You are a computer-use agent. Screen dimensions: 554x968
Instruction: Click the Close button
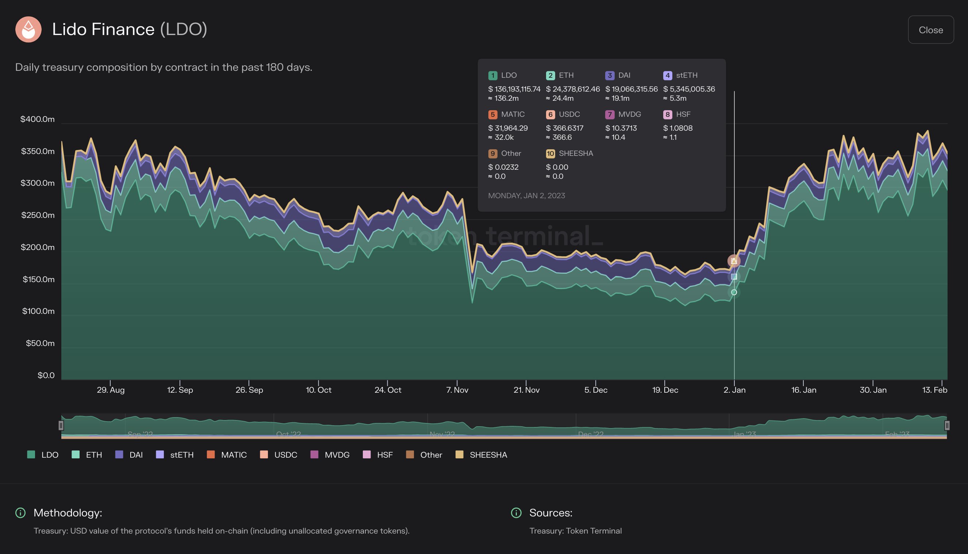pyautogui.click(x=930, y=30)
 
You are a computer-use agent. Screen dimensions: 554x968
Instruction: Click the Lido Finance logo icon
pyautogui.click(x=28, y=29)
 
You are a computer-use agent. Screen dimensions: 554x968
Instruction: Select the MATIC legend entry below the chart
pyautogui.click(x=227, y=455)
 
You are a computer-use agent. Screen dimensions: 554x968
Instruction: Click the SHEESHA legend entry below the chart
pyautogui.click(x=481, y=455)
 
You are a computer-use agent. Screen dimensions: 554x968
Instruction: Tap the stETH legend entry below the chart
pyautogui.click(x=175, y=455)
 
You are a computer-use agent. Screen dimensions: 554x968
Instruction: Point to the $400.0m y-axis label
pyautogui.click(x=37, y=119)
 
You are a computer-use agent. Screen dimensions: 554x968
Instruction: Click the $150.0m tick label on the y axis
pyautogui.click(x=38, y=279)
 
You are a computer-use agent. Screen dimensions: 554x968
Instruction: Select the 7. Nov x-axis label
pyautogui.click(x=457, y=390)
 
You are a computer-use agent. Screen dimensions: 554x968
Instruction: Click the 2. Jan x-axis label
pyautogui.click(x=734, y=390)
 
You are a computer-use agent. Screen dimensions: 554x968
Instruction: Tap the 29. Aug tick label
pyautogui.click(x=110, y=390)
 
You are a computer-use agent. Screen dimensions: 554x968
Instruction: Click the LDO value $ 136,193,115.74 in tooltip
pyautogui.click(x=514, y=89)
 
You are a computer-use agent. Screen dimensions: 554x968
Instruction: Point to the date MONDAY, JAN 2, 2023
pyautogui.click(x=526, y=196)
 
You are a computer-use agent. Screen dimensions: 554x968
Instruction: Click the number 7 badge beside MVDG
pyautogui.click(x=610, y=115)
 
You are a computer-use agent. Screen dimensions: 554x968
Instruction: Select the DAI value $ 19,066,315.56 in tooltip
pyautogui.click(x=631, y=89)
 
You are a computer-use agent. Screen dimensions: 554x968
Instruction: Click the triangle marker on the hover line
pyautogui.click(x=734, y=261)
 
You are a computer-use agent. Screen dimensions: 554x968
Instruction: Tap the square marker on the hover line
pyautogui.click(x=734, y=277)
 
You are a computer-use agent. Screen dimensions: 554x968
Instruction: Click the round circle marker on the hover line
pyautogui.click(x=734, y=292)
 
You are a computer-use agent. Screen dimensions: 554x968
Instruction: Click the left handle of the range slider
pyautogui.click(x=61, y=425)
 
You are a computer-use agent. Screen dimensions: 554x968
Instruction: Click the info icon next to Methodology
pyautogui.click(x=20, y=513)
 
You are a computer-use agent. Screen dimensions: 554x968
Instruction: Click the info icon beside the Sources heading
pyautogui.click(x=516, y=513)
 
